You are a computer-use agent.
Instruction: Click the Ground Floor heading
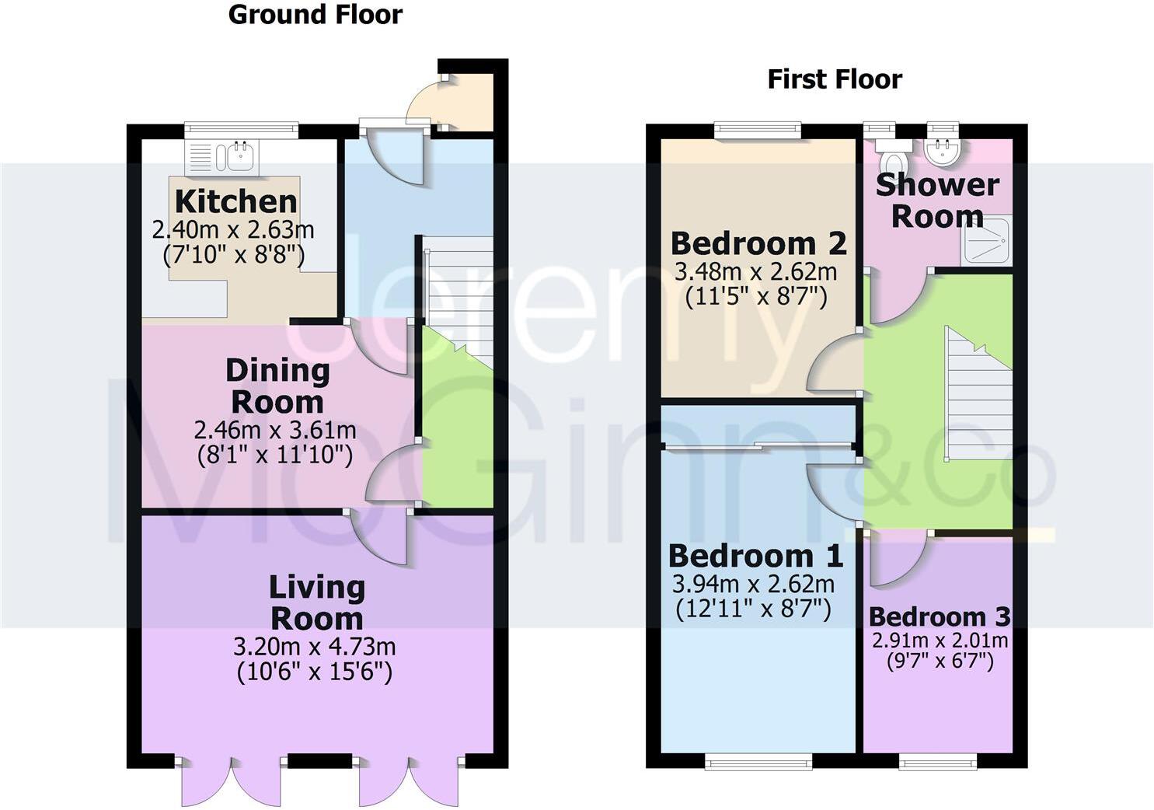315,15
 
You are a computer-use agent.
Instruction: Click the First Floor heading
835,79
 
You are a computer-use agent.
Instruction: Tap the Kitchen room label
235,201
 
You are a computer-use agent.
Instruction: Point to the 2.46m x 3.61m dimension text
275,430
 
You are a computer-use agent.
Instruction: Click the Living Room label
316,602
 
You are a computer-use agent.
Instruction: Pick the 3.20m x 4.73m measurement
315,647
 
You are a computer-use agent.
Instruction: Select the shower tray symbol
987,239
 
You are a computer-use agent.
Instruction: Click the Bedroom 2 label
758,243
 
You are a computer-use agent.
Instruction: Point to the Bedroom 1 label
755,556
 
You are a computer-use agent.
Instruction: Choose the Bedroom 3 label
940,617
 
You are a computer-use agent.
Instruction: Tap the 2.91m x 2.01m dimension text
940,641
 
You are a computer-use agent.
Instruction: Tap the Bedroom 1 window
758,762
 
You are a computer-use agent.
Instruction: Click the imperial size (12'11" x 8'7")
753,609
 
